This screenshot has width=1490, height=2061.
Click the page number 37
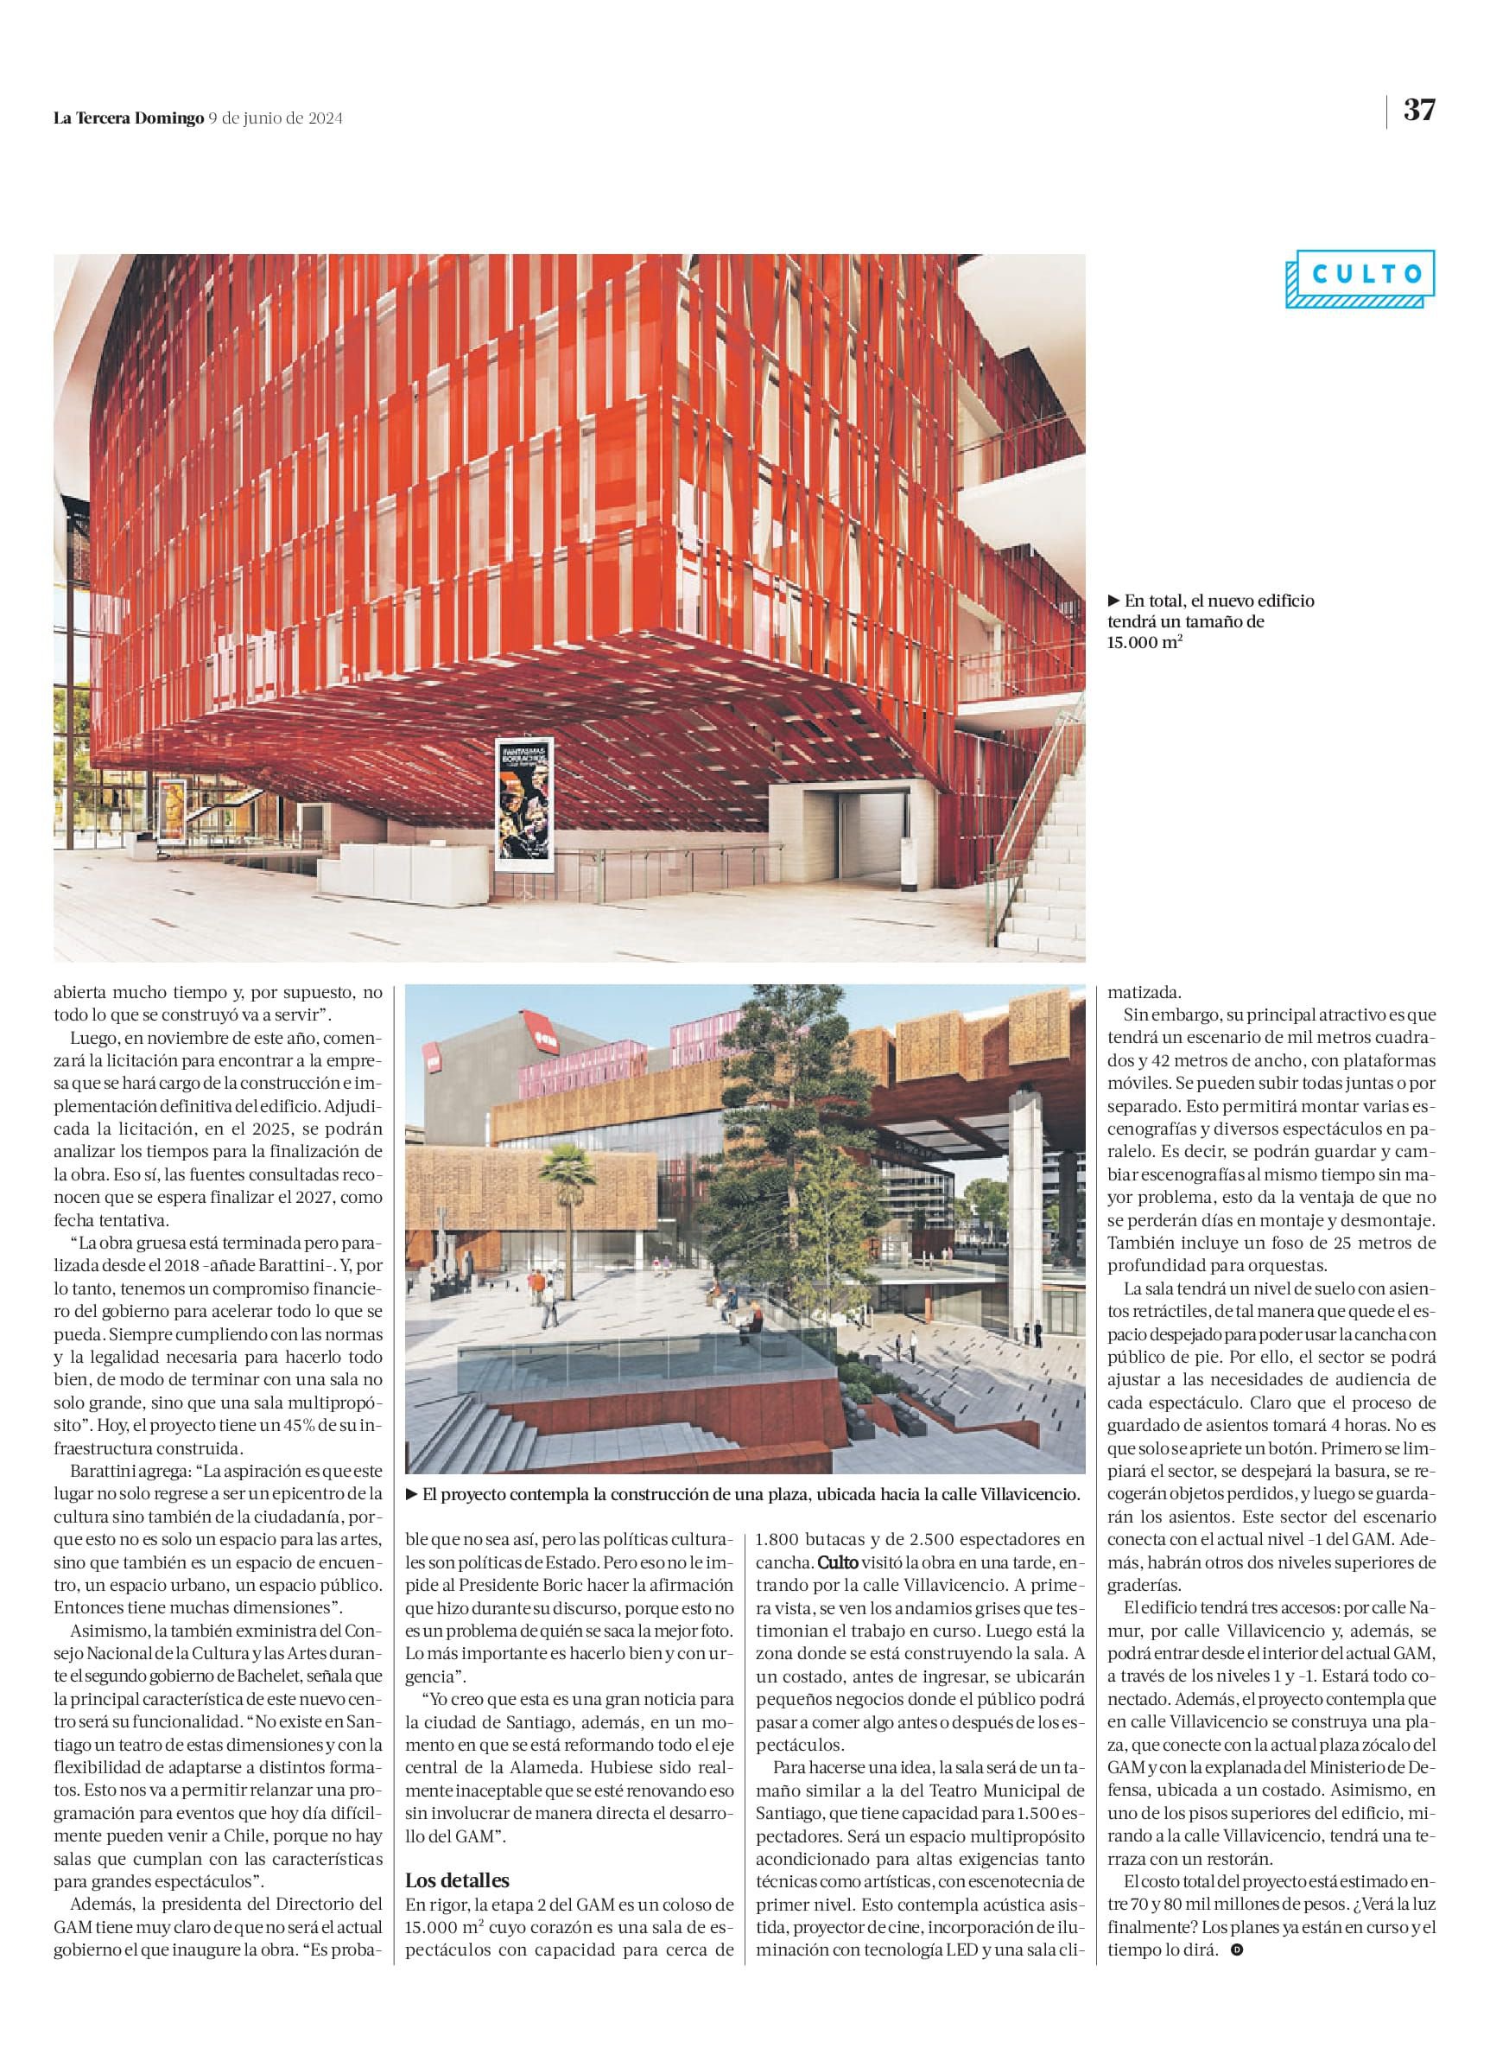[x=1419, y=110]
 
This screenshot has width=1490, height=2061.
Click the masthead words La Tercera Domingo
[x=128, y=118]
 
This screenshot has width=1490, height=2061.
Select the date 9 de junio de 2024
[x=276, y=118]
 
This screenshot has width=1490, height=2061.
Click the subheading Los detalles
[x=457, y=1881]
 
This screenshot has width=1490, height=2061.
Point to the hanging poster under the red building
[x=523, y=799]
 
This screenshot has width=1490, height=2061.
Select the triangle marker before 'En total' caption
[x=1114, y=601]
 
